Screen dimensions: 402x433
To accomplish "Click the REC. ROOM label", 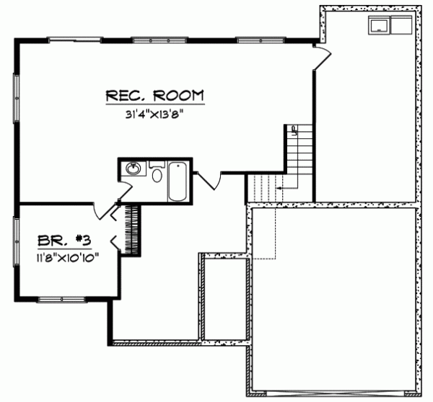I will click(x=154, y=95).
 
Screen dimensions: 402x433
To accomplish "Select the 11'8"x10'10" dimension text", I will click(x=65, y=256).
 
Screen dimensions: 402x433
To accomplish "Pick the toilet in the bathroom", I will click(x=157, y=174).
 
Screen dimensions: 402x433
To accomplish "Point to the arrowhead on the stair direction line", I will click(x=277, y=187).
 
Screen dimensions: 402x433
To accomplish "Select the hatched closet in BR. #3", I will click(x=132, y=228).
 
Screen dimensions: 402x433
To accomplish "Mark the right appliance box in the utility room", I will click(x=398, y=24).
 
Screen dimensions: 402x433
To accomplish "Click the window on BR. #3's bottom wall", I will click(x=56, y=299).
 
